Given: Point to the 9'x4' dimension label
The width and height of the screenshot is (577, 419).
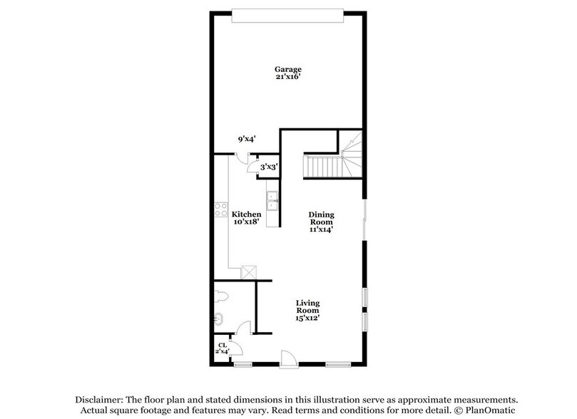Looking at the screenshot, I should tap(247, 140).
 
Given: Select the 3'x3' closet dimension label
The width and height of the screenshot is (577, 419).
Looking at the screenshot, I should tap(268, 167).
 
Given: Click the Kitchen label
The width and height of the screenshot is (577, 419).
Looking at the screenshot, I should tap(247, 214).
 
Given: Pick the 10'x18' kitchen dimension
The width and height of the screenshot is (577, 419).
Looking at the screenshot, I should tap(247, 222).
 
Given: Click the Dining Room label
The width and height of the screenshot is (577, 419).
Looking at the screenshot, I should tap(321, 218).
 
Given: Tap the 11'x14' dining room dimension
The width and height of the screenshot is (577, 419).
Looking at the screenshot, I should tap(321, 229).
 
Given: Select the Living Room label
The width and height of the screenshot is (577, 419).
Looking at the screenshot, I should tap(308, 306).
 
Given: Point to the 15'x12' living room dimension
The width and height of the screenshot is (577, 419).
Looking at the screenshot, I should tap(308, 318).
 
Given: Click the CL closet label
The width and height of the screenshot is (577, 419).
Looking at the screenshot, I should tap(222, 345).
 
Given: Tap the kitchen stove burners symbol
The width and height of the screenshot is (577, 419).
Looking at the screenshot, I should tap(220, 210).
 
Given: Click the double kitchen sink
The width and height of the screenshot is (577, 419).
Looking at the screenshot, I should tap(272, 200).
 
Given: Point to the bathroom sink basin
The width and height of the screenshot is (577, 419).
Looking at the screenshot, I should tap(218, 320).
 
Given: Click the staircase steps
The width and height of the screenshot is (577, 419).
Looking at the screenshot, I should tap(320, 167).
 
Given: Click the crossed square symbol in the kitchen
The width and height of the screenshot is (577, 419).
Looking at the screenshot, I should tap(250, 271).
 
